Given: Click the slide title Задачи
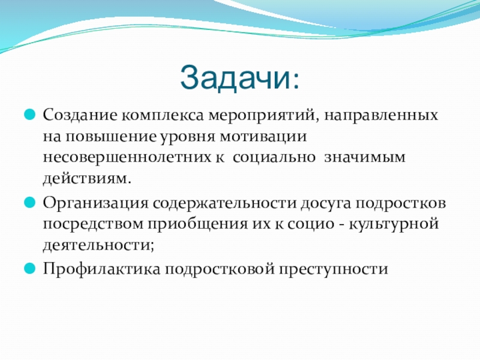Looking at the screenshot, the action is pos(239,77).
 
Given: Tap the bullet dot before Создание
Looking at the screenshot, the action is pos(29,115).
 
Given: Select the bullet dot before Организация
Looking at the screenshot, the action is pos(29,202).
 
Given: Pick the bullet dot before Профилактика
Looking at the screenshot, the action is pos(29,268).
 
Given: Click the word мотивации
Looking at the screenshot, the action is pos(263,137).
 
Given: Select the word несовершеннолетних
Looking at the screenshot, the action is pos(127,157).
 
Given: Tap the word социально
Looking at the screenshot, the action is pos(274,157).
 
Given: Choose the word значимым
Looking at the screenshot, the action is pos(365,157).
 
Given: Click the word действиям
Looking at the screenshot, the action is pos(87,179).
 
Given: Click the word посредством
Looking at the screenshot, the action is pos(94,224).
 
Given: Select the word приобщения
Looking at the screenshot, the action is pos(198,224).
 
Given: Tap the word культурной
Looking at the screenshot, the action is pos(394,224).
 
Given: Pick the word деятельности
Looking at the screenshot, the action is pos(98,245).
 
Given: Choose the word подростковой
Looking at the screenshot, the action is pos(220,269).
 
